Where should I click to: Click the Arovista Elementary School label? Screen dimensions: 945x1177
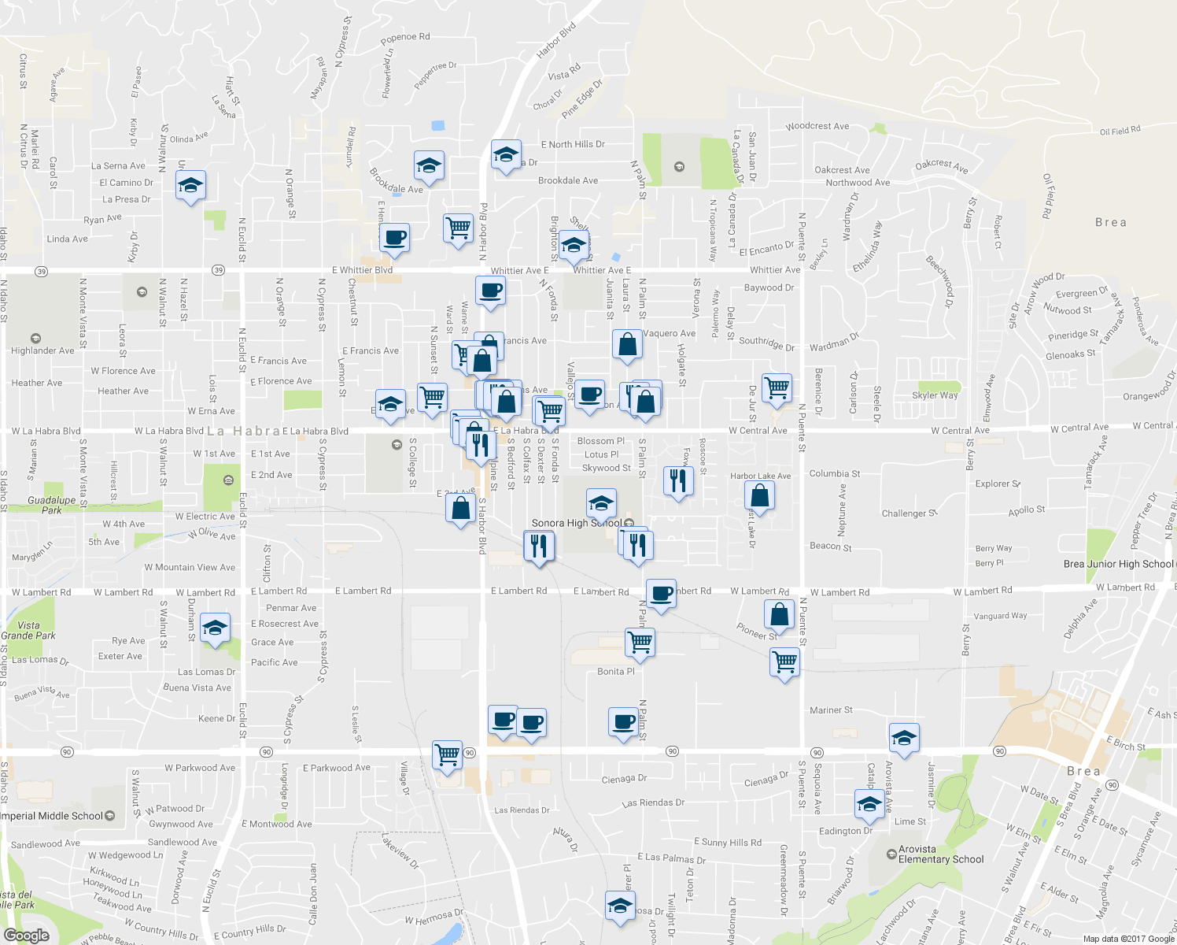click(941, 854)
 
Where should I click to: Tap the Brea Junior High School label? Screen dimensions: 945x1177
click(1118, 564)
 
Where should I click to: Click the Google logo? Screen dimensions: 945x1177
click(26, 936)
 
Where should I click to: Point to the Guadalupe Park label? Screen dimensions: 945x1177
click(52, 505)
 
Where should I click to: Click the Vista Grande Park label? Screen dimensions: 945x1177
click(28, 630)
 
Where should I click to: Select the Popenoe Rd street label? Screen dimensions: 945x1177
click(405, 37)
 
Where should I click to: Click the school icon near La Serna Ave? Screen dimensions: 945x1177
click(190, 187)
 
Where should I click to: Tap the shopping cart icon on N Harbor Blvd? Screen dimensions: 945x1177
click(458, 228)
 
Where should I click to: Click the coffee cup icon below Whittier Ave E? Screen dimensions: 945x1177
click(490, 291)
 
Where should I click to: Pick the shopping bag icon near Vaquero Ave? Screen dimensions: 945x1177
click(627, 344)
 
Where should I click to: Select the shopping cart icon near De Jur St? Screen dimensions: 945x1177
click(777, 387)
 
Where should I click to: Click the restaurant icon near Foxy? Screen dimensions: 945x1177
click(678, 480)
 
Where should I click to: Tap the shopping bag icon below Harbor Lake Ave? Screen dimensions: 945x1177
click(759, 495)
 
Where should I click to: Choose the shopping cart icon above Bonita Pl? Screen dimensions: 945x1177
click(640, 642)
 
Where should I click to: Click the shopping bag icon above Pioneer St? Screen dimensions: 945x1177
click(778, 613)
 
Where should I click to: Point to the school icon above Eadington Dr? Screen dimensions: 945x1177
click(869, 804)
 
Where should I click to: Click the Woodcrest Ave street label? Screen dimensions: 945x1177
click(817, 126)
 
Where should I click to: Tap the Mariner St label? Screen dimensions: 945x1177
click(831, 710)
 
